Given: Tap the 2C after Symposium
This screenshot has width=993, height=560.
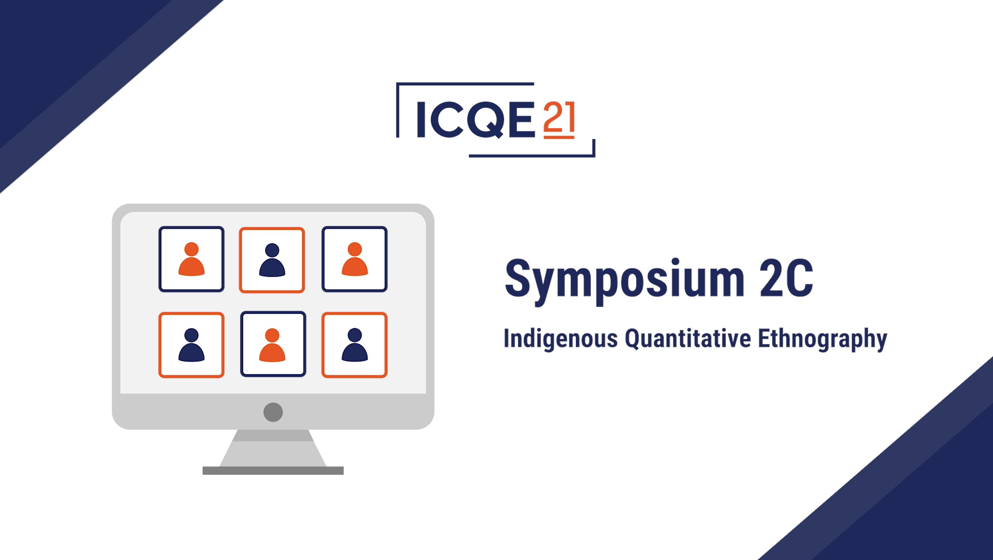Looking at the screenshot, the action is (x=786, y=278).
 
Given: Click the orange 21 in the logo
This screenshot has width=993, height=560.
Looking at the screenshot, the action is (x=559, y=116).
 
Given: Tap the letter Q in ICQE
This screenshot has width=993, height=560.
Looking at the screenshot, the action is (x=485, y=119).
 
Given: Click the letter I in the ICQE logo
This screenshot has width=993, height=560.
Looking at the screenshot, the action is (x=421, y=119).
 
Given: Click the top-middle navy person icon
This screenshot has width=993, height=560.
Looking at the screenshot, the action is (x=272, y=260).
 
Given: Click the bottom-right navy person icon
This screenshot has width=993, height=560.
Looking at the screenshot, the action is (x=355, y=345).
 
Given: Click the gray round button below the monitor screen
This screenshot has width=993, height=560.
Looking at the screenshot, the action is (x=273, y=412).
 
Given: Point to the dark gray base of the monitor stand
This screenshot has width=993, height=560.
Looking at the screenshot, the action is (x=273, y=471).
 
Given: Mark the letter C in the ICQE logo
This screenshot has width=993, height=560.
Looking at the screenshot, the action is (x=446, y=119).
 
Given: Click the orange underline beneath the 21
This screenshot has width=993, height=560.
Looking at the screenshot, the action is (x=559, y=137).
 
